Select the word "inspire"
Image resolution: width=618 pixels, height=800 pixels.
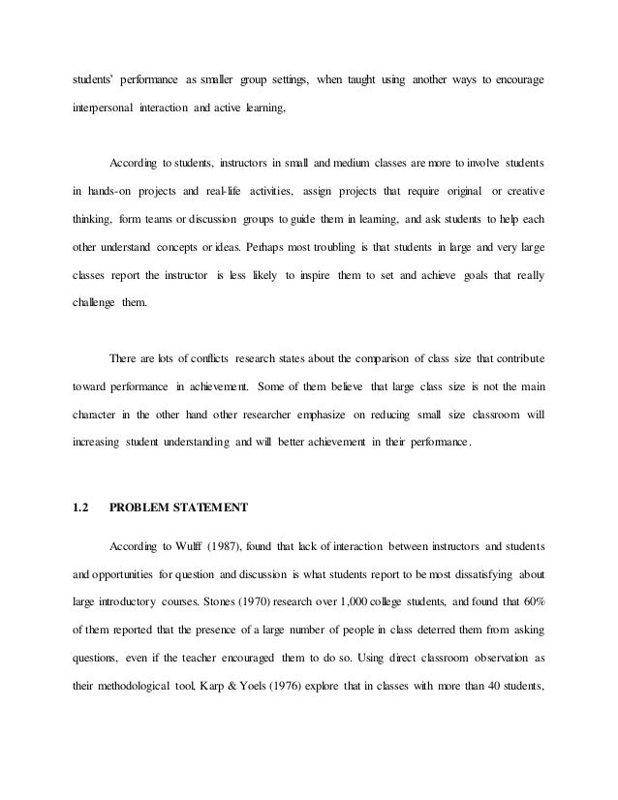tap(307, 275)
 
